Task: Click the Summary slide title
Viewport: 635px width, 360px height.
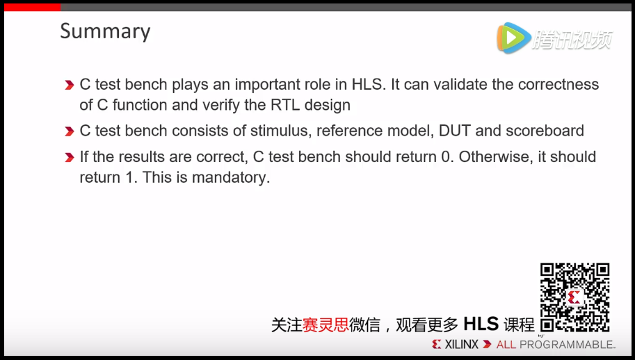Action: click(105, 31)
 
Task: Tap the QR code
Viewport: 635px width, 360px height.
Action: click(575, 297)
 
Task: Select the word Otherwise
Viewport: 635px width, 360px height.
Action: click(496, 157)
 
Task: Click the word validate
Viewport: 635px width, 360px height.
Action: click(456, 85)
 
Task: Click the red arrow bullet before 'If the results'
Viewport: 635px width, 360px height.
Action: click(69, 158)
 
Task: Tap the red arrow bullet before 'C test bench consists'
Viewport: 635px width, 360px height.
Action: click(69, 131)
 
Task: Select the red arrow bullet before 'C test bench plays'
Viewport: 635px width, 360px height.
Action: click(69, 85)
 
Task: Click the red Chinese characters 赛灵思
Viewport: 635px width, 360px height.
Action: click(325, 325)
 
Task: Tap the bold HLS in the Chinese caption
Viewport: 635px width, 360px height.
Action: click(481, 324)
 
